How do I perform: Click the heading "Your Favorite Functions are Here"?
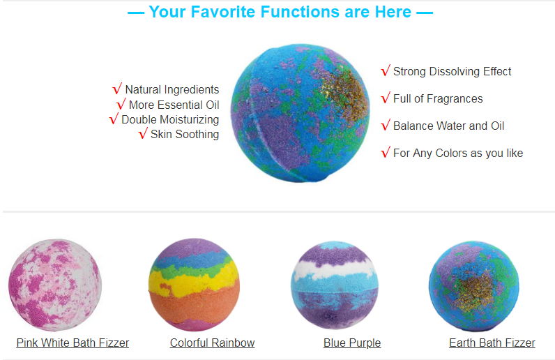pos(280,12)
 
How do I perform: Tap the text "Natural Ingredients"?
pos(172,89)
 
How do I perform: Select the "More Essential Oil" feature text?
pos(174,105)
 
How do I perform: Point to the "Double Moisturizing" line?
pos(170,120)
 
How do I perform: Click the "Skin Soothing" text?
pos(184,134)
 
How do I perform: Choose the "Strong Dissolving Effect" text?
pos(452,72)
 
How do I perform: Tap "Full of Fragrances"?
pos(438,98)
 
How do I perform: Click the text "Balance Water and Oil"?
pos(448,126)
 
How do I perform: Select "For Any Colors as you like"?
pos(458,153)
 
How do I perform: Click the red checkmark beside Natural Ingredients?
pos(117,89)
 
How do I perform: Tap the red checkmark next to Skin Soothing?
pos(143,133)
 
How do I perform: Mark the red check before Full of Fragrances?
pos(386,98)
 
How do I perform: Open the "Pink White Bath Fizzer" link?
pos(73,343)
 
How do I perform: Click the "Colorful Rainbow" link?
pos(212,343)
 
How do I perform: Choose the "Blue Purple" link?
pos(352,343)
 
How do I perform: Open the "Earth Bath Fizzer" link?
pos(492,343)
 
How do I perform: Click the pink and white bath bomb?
pos(55,285)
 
